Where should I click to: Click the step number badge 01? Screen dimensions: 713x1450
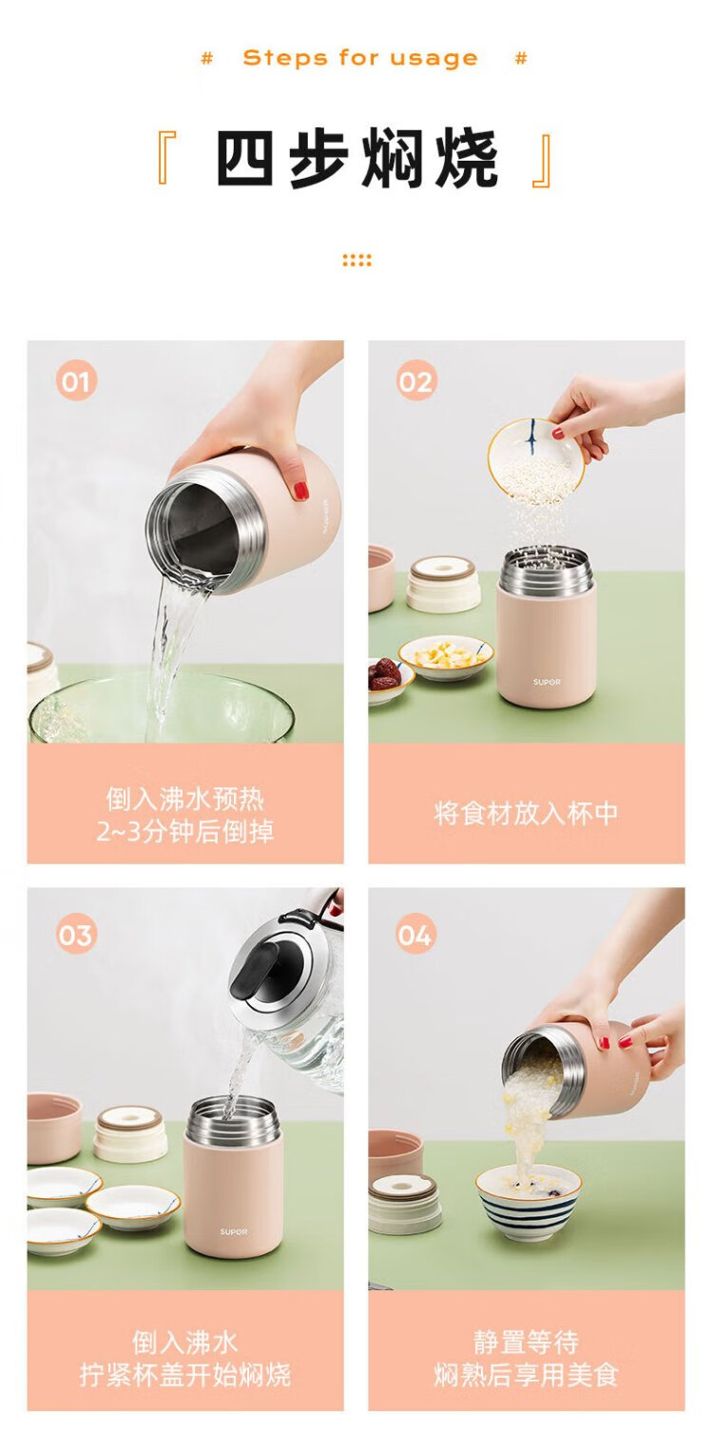76,380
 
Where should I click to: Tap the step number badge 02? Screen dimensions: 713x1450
415,380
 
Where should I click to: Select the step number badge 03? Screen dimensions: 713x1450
76,934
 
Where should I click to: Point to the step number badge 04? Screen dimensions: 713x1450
415,934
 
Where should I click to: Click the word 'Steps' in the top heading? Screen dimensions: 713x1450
286,58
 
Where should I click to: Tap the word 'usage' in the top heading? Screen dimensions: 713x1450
434,59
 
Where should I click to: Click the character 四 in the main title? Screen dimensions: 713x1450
244,158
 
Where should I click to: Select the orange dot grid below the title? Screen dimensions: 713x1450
356,261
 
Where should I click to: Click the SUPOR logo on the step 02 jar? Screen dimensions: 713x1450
547,683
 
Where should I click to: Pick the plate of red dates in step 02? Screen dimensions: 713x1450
390,680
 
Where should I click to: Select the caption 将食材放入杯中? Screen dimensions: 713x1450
526,814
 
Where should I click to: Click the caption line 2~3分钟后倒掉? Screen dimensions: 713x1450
185,831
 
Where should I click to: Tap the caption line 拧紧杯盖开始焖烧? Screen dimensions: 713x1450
185,1374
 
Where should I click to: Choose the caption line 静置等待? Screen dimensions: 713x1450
526,1342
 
